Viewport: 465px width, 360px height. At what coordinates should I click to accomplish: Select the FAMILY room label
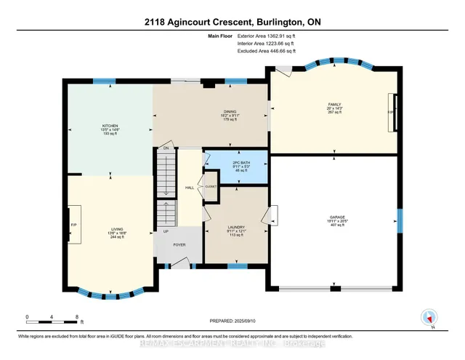(334, 105)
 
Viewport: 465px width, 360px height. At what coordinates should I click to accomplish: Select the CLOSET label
(211, 186)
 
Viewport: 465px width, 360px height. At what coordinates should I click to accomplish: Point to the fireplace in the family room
(393, 113)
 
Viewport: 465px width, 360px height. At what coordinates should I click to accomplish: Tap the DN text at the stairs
(166, 148)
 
